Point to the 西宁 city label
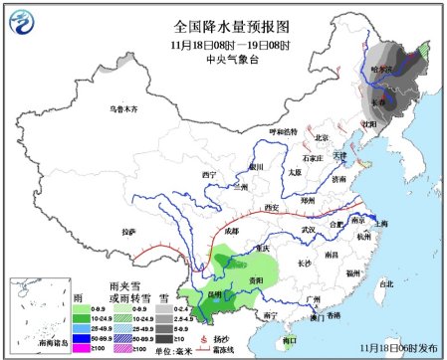click(209, 175)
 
